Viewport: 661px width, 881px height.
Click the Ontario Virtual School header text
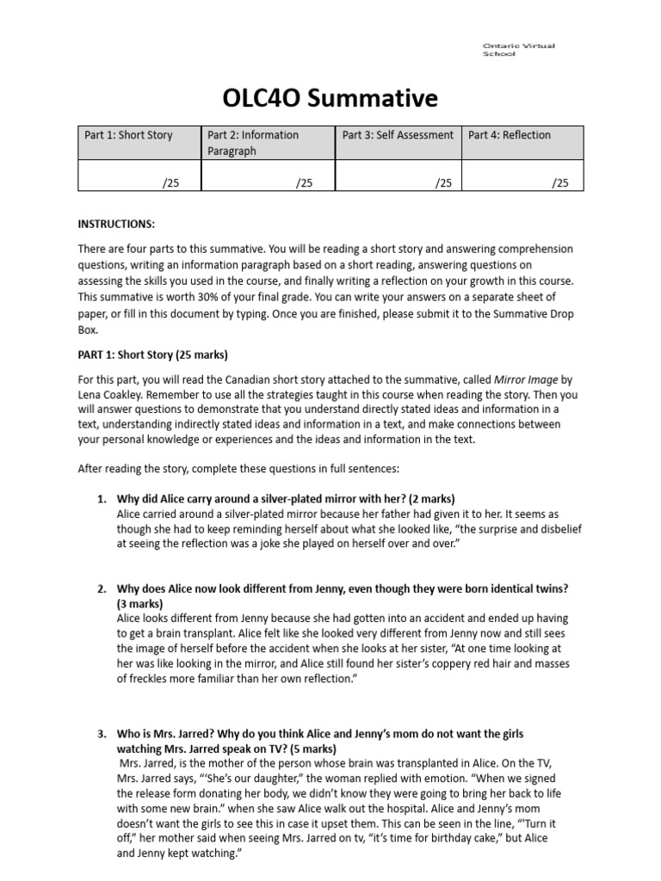[518, 49]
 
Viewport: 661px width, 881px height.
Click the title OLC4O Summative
[330, 99]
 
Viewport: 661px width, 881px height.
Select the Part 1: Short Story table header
[128, 135]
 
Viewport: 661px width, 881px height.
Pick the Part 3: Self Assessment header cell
[398, 135]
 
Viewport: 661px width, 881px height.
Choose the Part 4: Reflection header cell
[510, 135]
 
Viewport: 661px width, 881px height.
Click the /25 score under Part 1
[170, 182]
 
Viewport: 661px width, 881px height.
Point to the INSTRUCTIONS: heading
[116, 225]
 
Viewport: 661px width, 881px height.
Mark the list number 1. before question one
[101, 499]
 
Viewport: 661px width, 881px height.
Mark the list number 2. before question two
[101, 588]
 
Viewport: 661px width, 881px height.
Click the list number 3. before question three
[101, 734]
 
